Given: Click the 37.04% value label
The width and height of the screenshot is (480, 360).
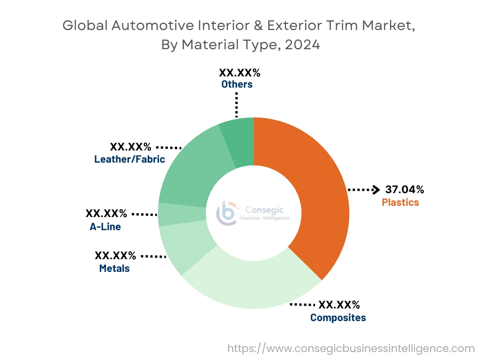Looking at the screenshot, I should click(405, 189).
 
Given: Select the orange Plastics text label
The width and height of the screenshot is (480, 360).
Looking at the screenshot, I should click(400, 202).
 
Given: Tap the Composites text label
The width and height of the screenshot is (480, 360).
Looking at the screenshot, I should click(338, 318).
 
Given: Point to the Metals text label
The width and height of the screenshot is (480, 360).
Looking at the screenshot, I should click(114, 269).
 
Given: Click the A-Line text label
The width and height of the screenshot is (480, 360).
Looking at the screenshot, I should click(105, 227).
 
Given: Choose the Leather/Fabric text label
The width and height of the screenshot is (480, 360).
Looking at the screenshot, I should click(129, 159).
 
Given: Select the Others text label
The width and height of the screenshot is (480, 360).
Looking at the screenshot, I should click(237, 84).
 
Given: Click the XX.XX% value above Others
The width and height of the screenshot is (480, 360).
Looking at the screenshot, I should click(240, 73).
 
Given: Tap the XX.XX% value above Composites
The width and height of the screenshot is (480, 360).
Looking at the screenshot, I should click(339, 305).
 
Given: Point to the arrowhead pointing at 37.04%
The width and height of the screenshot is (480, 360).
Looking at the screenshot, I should click(375, 190).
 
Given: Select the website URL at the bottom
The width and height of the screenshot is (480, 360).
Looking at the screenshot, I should click(351, 348).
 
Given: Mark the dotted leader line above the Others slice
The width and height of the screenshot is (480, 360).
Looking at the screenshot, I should click(237, 105).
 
